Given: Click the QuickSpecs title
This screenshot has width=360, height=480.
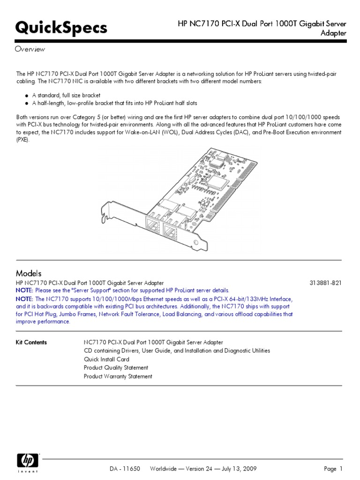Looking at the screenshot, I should pos(61,28).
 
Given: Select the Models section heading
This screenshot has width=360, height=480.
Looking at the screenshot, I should pos(29,273).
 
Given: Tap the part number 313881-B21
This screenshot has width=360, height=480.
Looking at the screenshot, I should pos(326,283).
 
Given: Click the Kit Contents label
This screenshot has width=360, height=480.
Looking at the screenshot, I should pos(31,343).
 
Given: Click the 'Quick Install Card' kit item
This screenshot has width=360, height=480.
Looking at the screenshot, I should pos(106,360).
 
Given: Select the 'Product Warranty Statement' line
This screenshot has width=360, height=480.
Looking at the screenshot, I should pos(118,376).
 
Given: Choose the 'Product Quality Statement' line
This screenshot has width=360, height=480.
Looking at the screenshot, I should pos(116,368).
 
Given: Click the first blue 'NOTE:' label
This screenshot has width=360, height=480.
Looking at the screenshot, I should pos(25,291).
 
